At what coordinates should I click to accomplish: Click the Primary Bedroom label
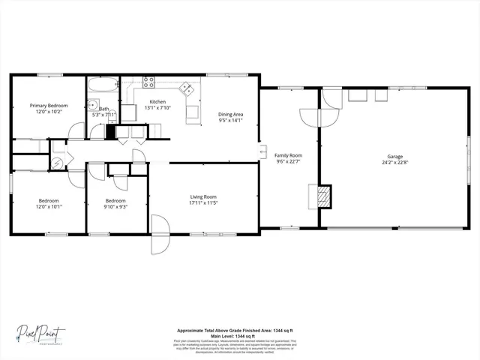click(x=49, y=106)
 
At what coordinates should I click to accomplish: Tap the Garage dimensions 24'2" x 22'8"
click(x=394, y=163)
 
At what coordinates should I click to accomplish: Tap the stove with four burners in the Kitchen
click(x=148, y=83)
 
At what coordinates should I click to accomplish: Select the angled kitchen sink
click(x=186, y=89)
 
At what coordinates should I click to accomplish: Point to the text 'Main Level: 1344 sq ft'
click(x=234, y=335)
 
